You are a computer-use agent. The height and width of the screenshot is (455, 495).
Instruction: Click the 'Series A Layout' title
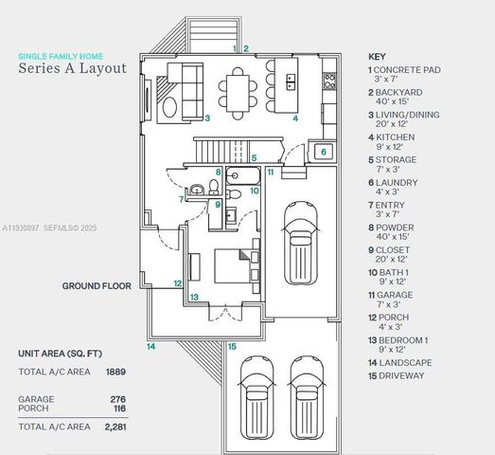click(x=72, y=69)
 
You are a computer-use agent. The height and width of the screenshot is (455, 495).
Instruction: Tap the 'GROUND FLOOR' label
click(x=97, y=284)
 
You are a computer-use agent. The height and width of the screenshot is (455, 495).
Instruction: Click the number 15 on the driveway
click(x=232, y=347)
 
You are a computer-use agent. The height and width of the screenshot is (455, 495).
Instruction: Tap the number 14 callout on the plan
click(x=150, y=347)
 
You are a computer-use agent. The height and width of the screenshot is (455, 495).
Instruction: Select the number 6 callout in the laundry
click(x=323, y=152)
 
